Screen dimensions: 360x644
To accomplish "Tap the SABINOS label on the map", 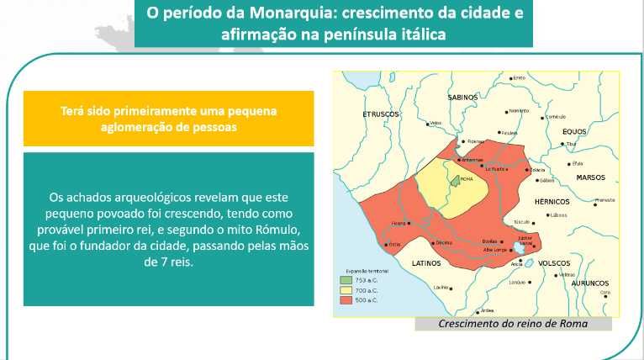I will click(x=463, y=98).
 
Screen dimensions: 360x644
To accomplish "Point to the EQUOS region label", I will click(x=574, y=131).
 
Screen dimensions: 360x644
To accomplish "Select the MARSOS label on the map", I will click(x=590, y=177).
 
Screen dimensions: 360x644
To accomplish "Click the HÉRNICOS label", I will click(x=552, y=202).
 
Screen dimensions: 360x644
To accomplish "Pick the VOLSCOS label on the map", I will click(x=554, y=262).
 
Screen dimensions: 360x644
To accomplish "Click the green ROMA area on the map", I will click(x=455, y=179).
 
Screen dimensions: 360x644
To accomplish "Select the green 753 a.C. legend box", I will click(x=346, y=280).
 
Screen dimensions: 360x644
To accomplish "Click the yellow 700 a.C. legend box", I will click(x=346, y=290).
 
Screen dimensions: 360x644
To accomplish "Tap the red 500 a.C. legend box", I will click(x=346, y=300).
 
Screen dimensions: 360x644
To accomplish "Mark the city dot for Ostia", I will click(x=386, y=245).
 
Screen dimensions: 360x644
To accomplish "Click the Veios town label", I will click(x=435, y=123).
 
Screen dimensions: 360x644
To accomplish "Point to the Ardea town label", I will click(x=487, y=310).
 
